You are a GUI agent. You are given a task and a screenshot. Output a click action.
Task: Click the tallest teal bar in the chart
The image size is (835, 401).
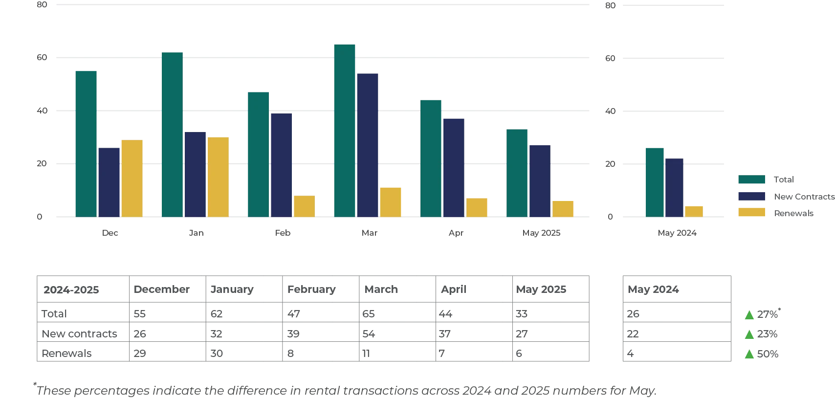point(344,130)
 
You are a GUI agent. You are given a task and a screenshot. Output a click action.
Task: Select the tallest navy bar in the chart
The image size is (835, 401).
point(368,144)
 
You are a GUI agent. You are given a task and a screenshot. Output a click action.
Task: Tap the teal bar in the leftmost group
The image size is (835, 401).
point(86,144)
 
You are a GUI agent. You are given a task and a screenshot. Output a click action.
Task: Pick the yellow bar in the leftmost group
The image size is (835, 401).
point(132,178)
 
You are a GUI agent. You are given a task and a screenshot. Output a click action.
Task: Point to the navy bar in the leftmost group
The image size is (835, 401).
point(110,181)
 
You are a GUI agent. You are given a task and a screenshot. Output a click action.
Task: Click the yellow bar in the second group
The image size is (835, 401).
point(219,177)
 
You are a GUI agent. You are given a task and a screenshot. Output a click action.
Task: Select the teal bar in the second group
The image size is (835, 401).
point(172,134)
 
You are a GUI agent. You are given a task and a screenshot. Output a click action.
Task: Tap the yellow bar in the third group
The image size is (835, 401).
point(305,206)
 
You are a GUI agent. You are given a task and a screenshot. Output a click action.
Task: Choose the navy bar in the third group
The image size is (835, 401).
point(282,165)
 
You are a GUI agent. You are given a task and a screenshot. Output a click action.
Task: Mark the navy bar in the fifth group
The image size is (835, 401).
point(454,167)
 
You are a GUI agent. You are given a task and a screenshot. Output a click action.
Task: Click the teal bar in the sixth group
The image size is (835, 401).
point(516,173)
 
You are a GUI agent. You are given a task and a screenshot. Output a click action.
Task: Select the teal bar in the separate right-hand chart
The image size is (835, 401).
point(655,181)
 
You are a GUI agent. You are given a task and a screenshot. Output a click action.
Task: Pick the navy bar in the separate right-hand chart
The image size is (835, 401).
point(674,187)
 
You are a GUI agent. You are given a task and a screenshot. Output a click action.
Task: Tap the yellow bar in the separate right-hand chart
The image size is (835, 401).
point(694,210)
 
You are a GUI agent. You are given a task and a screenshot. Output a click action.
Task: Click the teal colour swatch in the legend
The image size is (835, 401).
point(751,179)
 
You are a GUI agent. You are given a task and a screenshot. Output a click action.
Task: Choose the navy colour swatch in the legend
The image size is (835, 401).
point(751,196)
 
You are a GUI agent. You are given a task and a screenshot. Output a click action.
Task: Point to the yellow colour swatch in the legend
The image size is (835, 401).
point(751,213)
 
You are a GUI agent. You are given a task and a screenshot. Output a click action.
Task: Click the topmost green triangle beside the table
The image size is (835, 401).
point(748,315)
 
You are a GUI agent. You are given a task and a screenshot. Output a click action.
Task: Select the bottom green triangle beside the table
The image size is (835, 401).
point(748,355)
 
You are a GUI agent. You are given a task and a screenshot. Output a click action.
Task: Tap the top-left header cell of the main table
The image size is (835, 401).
point(83,290)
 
